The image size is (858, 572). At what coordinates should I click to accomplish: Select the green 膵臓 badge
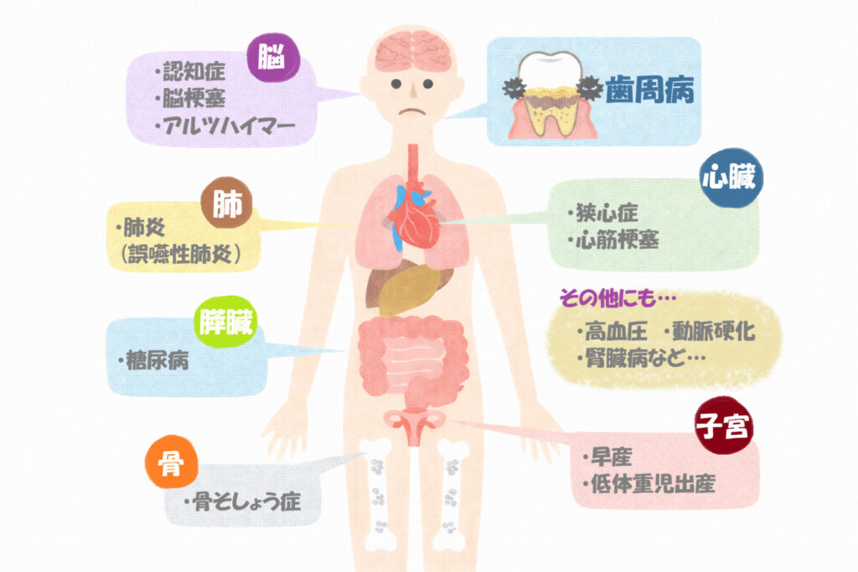click(x=225, y=322)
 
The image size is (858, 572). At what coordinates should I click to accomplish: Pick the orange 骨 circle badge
click(x=171, y=462)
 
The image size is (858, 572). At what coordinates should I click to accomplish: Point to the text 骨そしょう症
click(x=245, y=502)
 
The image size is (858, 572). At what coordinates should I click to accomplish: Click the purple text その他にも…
click(x=618, y=297)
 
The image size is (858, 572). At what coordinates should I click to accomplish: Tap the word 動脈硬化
click(x=714, y=332)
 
